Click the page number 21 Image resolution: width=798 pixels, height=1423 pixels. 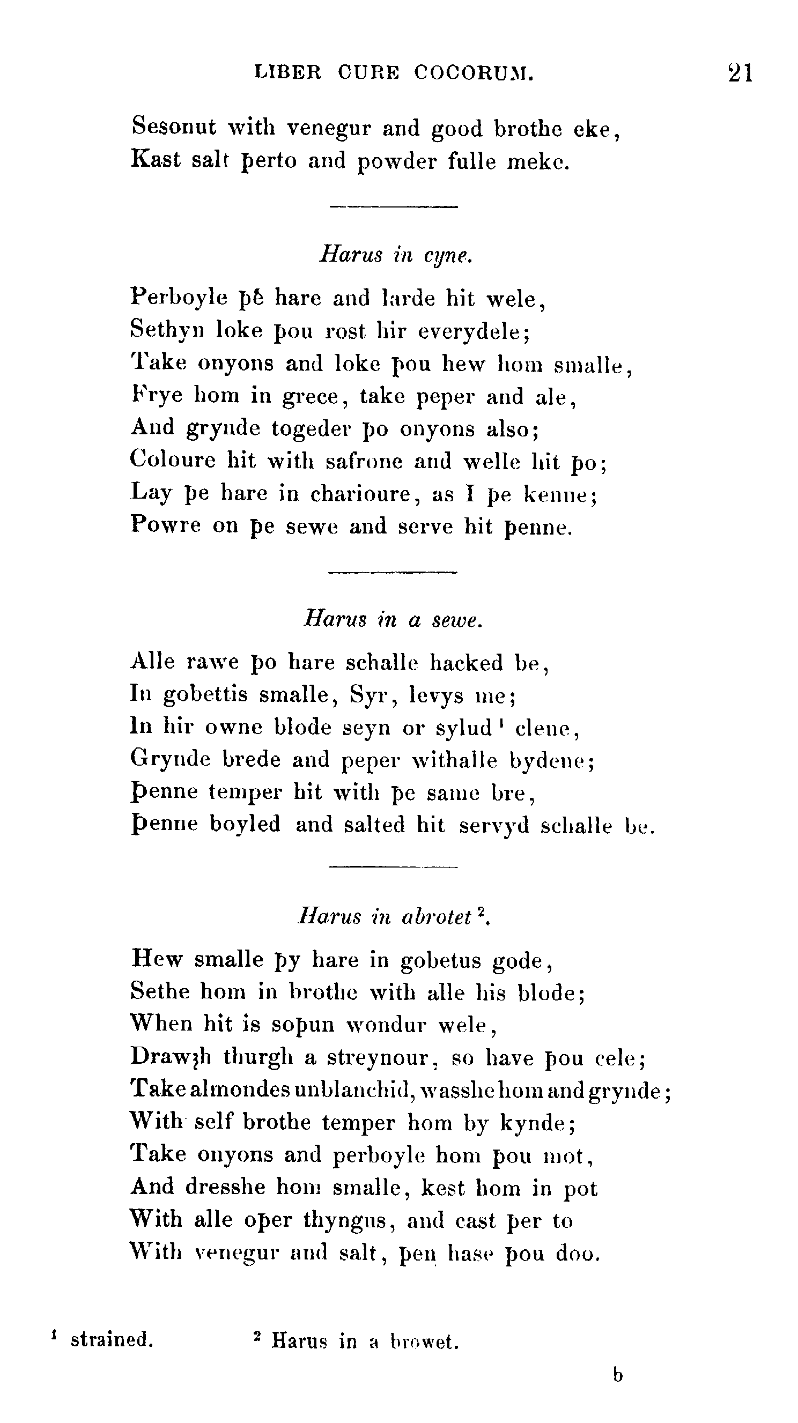point(740,73)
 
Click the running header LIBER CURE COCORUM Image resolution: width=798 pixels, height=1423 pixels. point(394,73)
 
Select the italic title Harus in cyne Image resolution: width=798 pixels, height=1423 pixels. point(396,255)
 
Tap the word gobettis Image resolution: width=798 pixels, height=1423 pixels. point(205,694)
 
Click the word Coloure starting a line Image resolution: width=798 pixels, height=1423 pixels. point(173,460)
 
